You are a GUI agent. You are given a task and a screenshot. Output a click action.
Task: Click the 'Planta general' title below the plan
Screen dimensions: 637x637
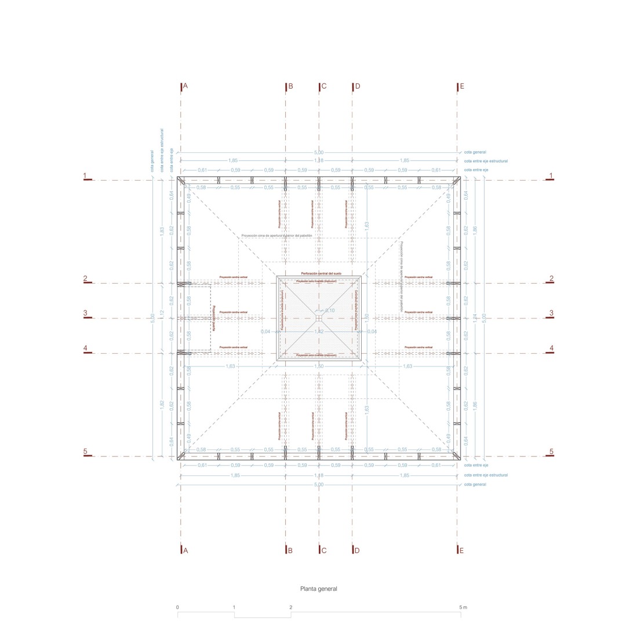point(318,589)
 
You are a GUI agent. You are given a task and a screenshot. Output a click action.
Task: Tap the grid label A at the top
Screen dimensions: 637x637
point(185,86)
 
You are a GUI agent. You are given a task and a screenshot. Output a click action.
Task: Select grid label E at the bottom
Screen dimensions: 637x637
point(461,551)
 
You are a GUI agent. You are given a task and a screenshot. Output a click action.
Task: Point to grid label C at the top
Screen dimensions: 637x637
point(324,86)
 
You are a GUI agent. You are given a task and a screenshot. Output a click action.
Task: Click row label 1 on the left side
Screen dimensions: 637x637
point(85,175)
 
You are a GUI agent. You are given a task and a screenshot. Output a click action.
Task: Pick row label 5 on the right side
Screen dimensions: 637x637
point(551,452)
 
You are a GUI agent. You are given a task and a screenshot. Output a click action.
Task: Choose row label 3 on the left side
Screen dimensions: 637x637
point(85,313)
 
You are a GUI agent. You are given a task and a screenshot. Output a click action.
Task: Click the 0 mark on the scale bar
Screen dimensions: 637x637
point(177,607)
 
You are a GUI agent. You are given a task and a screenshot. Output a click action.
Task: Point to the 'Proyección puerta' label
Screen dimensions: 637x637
point(213,318)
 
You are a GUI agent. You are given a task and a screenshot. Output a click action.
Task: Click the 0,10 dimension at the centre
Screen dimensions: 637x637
point(330,310)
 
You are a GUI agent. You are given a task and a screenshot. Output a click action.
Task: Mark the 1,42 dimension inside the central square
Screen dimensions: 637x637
point(319,332)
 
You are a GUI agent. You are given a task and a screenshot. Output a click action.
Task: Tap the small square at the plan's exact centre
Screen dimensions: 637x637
point(319,318)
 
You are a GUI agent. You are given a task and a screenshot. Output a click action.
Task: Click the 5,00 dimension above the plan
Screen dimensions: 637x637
point(319,153)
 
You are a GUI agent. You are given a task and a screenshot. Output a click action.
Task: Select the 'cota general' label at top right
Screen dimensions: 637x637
point(475,152)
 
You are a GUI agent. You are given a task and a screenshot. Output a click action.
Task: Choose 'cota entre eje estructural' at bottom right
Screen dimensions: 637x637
point(486,475)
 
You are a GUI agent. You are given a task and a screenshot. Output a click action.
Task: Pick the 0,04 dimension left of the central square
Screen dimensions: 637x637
point(265,332)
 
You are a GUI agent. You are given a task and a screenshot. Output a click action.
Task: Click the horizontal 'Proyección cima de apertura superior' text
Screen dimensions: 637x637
point(276,236)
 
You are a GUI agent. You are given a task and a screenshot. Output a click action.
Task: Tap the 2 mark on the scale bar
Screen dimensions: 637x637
point(291,607)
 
